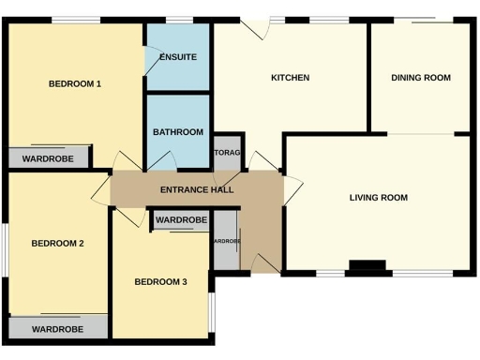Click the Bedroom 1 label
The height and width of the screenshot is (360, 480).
tap(74, 83)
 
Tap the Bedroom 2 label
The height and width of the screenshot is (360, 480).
tap(58, 243)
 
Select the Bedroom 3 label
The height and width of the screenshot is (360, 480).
tap(160, 282)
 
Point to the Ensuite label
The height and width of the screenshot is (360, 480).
tap(178, 57)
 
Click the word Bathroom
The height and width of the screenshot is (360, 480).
tap(178, 132)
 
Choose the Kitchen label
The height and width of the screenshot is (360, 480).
tap(290, 78)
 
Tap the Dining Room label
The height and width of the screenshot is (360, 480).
tap(421, 78)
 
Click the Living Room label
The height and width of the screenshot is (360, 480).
tap(378, 197)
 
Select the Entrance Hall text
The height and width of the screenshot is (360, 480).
tap(197, 190)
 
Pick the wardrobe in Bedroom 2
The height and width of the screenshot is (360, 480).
tap(58, 329)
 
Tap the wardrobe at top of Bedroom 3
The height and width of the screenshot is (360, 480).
tap(181, 220)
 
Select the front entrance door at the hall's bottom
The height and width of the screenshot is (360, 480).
tap(266, 263)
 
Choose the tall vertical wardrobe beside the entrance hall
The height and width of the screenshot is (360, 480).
tap(226, 241)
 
